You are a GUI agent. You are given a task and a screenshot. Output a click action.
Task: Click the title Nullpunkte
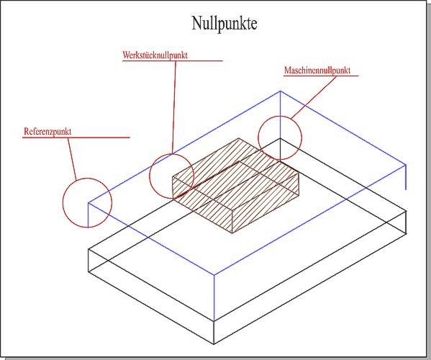coord(224,24)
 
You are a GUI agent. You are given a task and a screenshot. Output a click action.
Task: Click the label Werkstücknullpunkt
coord(155,55)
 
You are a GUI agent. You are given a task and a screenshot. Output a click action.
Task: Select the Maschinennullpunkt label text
coord(317,70)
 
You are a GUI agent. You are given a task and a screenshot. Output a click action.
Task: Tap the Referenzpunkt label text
coord(47,131)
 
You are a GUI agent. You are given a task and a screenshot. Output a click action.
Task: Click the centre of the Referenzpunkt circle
coord(87,203)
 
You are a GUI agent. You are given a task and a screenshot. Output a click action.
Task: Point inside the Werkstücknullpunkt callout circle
coord(172,176)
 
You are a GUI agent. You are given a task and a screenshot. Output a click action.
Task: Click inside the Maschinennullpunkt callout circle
coord(280,138)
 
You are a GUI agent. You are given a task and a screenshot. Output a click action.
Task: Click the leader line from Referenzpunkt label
coord(72,158)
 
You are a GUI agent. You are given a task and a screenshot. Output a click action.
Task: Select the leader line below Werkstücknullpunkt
coord(174,107)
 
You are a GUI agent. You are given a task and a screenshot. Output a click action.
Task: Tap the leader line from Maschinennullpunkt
coord(314,97)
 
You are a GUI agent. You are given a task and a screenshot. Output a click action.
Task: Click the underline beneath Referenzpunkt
coord(76,137)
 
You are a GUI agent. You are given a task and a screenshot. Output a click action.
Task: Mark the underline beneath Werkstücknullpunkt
coord(173,60)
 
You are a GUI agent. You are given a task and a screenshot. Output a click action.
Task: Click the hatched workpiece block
coord(235,185)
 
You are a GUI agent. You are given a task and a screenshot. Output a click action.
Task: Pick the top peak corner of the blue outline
coord(280,91)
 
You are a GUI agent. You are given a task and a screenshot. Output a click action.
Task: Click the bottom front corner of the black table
coord(214,343)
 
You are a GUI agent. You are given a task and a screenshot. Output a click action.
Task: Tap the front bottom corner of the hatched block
coord(232,233)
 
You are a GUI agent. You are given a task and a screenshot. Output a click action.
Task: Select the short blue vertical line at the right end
coord(406,177)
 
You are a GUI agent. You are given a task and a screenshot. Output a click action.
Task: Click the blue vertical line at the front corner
coord(214,297)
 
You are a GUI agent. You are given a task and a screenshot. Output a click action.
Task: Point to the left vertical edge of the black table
coord(89,261)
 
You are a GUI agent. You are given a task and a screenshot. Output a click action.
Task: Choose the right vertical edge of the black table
coord(407,222)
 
